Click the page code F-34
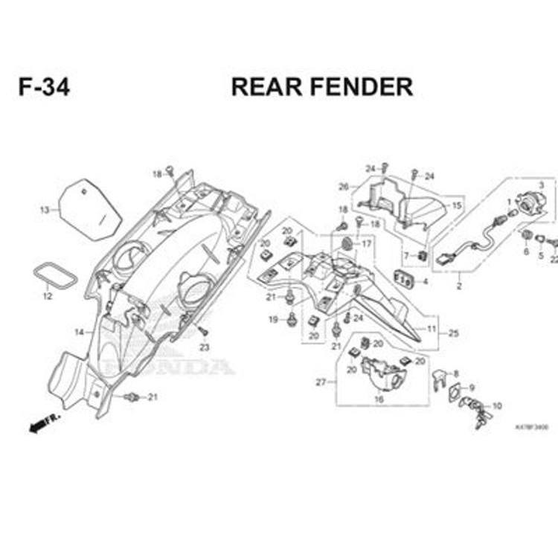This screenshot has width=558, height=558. pyautogui.click(x=45, y=87)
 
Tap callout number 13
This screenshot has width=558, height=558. pyautogui.click(x=44, y=210)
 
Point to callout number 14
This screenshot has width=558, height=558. pyautogui.click(x=78, y=331)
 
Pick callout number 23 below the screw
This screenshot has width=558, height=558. pyautogui.click(x=204, y=347)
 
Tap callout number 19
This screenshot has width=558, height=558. pyautogui.click(x=272, y=320)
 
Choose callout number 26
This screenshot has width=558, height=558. pyautogui.click(x=343, y=186)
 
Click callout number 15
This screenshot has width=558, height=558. pyautogui.click(x=457, y=205)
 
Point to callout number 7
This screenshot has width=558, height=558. pyautogui.click(x=406, y=235)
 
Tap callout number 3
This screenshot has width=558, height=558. pyautogui.click(x=541, y=185)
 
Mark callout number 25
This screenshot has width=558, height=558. pyautogui.click(x=453, y=333)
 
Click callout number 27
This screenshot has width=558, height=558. pyautogui.click(x=321, y=382)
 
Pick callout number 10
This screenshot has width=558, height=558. pyautogui.click(x=497, y=405)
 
